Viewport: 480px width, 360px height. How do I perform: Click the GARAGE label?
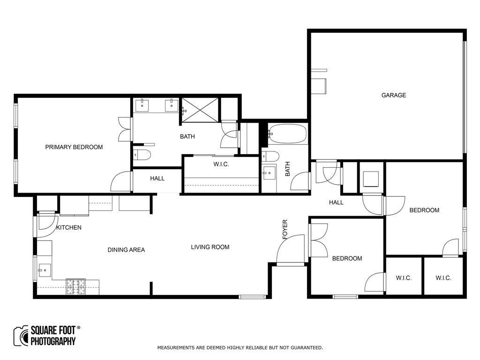tap(393, 95)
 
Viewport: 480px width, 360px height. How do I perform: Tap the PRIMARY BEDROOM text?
tap(74, 147)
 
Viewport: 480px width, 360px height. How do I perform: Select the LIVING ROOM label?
tap(210, 247)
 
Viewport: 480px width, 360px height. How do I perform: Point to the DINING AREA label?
tap(126, 250)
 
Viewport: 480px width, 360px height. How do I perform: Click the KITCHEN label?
tap(69, 228)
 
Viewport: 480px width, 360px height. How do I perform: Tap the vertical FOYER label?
tap(285, 230)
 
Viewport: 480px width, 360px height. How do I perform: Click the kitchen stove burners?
tap(75, 286)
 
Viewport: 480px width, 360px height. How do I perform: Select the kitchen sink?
tap(44, 270)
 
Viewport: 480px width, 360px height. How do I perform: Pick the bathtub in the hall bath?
tap(287, 134)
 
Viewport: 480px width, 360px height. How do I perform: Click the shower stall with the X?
tap(200, 110)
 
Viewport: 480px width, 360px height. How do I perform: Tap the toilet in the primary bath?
tap(141, 155)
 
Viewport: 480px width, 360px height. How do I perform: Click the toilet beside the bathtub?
tap(270, 156)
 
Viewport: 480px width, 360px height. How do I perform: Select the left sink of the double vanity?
tap(142, 105)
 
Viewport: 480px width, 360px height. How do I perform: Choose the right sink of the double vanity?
tap(172, 105)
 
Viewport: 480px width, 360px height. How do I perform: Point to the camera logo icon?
tap(21, 336)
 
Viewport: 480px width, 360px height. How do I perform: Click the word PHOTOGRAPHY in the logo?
tap(53, 341)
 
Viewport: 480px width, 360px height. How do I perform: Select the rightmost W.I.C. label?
tap(443, 278)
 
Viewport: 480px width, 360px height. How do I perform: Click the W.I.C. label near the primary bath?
tap(221, 164)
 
